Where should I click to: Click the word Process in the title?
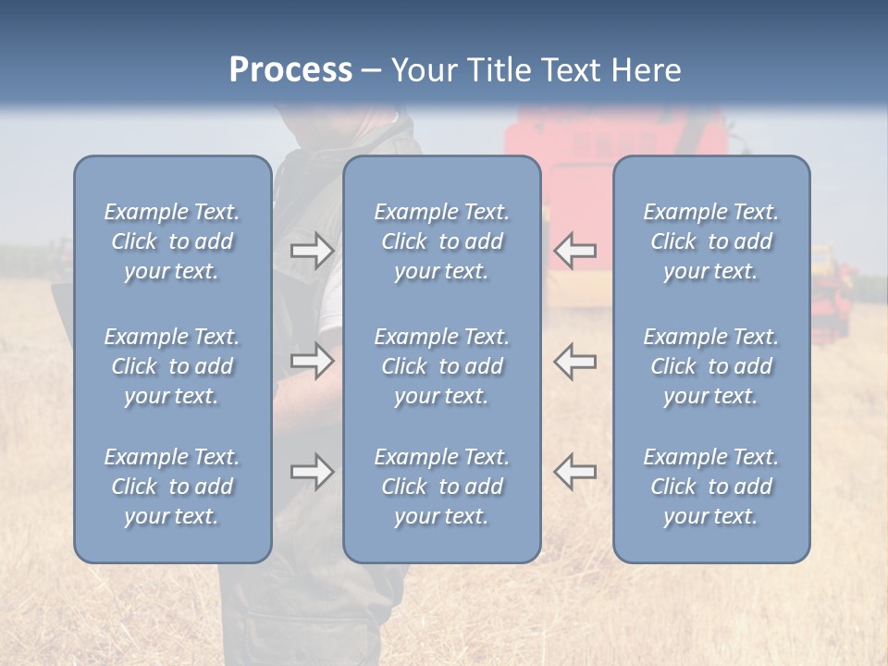click(290, 70)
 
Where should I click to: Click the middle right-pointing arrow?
click(312, 361)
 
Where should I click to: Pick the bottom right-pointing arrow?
click(312, 472)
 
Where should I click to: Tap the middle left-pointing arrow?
click(575, 361)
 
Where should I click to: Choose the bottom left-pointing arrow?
click(575, 472)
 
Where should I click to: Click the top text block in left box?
click(172, 241)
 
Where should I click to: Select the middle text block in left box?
click(172, 366)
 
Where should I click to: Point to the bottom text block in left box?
click(172, 487)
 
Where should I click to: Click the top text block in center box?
click(441, 241)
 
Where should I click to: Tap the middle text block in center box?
click(441, 366)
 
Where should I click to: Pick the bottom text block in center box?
click(441, 487)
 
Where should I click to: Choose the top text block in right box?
click(710, 241)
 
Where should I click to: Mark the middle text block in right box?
click(710, 366)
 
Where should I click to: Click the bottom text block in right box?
click(710, 487)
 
